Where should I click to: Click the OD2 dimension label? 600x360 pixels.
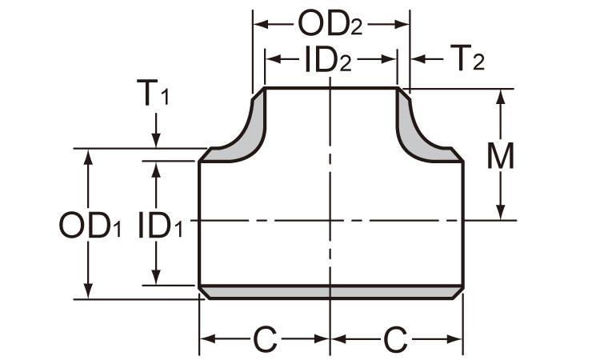point(330,24)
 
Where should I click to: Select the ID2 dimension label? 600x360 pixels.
point(330,60)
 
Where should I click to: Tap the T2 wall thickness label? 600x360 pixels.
point(466,59)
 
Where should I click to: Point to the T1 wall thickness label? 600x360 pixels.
point(157,96)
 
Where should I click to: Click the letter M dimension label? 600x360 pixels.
point(502,156)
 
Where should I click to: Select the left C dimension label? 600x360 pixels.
point(265,341)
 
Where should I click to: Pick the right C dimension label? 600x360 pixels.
point(395,341)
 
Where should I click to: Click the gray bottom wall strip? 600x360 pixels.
point(330,292)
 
